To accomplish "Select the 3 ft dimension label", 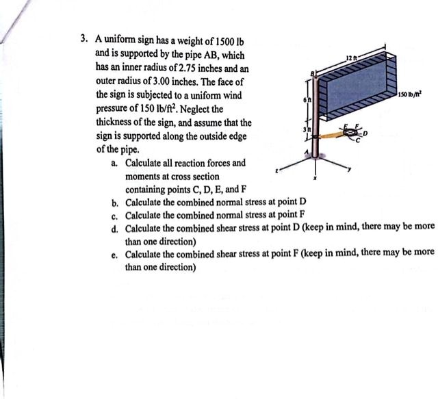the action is [307, 129].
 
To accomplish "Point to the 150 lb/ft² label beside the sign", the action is [410, 94].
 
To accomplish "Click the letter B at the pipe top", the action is [313, 73].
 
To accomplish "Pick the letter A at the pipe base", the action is [307, 152].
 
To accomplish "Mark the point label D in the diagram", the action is [365, 133].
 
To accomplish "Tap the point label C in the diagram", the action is [357, 141].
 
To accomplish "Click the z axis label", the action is [276, 171].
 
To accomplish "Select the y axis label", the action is [349, 168].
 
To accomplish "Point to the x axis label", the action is [315, 178].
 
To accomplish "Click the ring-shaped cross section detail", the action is [351, 133].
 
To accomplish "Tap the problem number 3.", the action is [83, 38].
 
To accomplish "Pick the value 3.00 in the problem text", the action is [162, 81].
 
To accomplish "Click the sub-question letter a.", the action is [114, 163].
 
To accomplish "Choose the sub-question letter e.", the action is [114, 255].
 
